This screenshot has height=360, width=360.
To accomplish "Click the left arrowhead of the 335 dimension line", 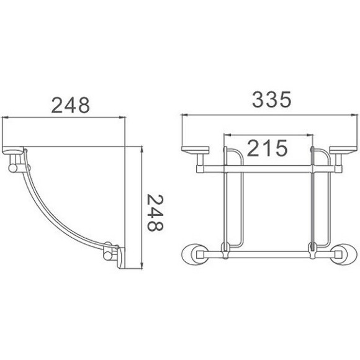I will pos(184,116).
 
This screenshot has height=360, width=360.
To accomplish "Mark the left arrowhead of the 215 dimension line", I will pos(226,134).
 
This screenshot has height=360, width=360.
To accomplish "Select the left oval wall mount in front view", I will pos(196,254).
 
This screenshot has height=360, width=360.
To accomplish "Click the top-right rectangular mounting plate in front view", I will pos(341,150).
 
